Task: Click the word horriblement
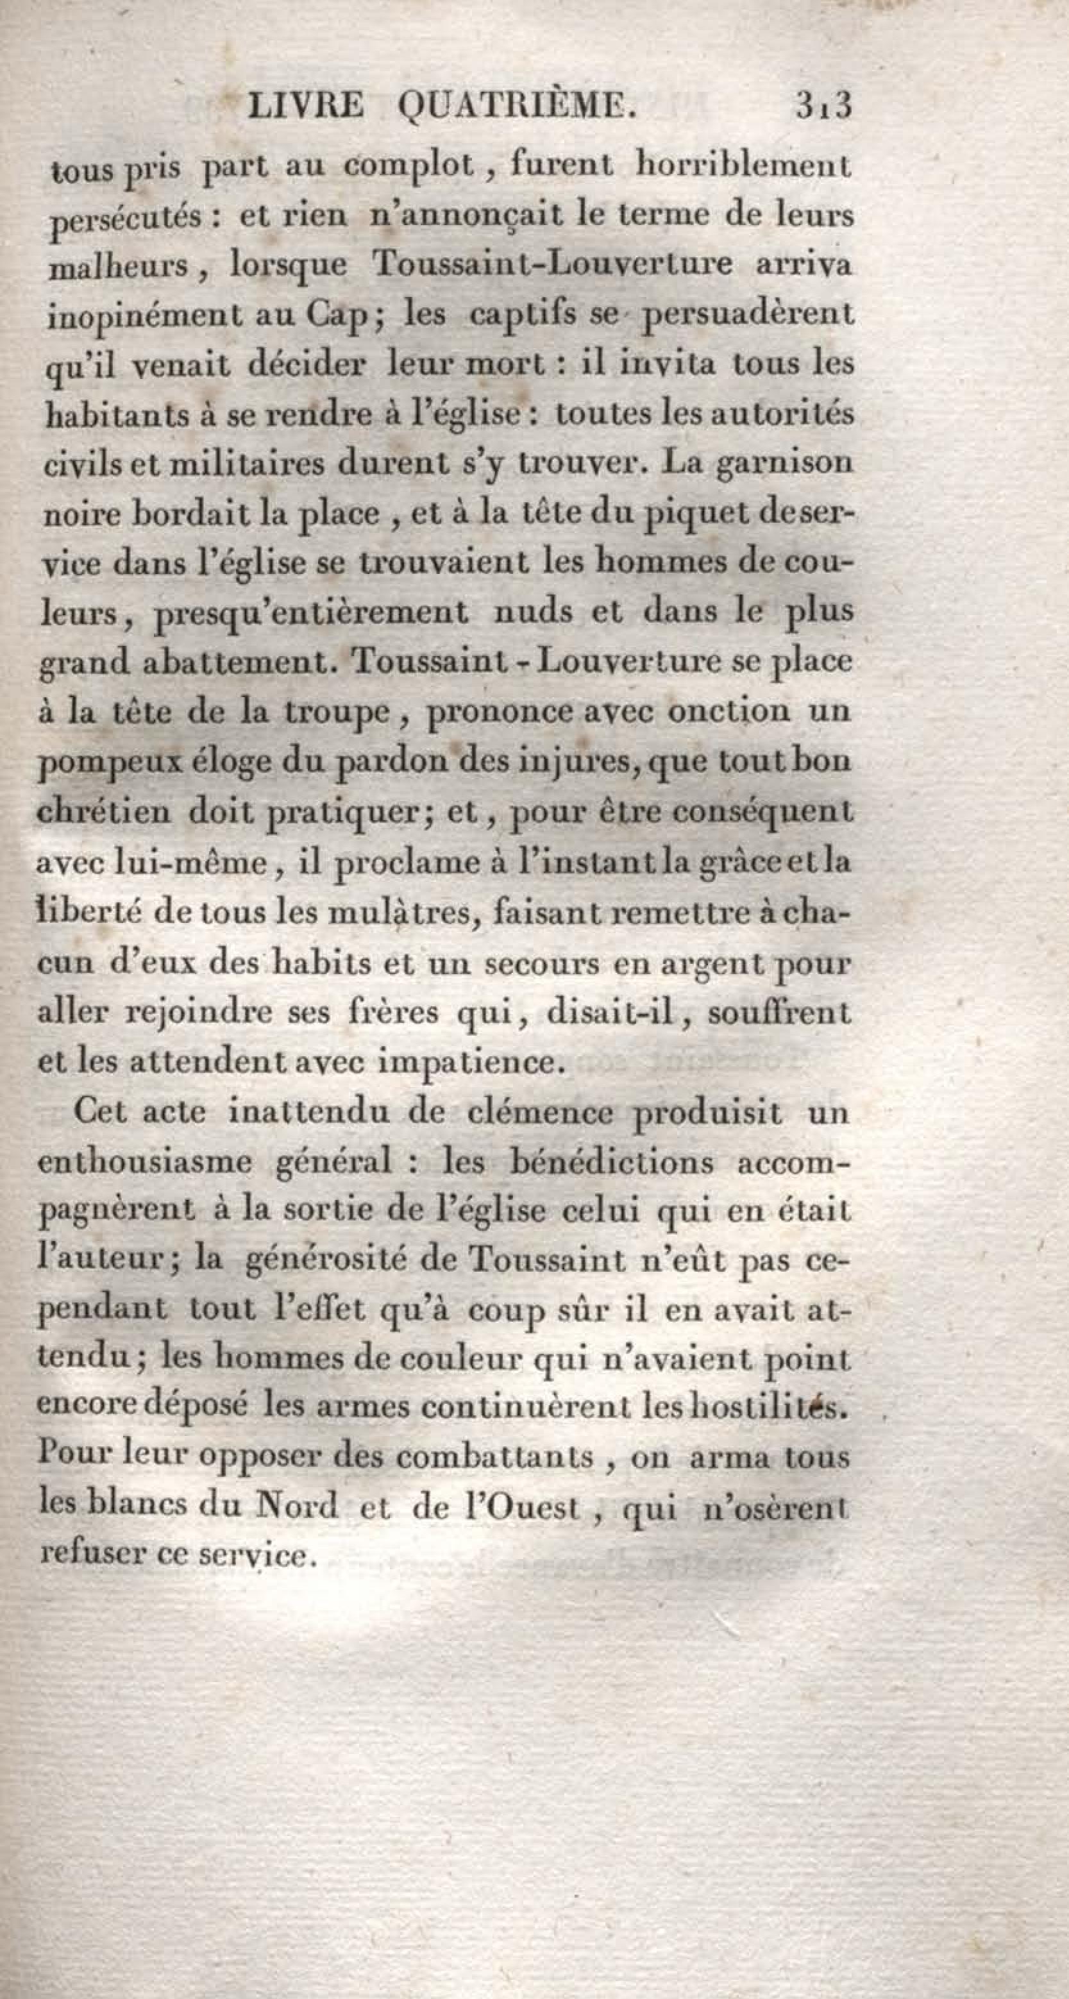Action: (x=743, y=165)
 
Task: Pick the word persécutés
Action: (x=126, y=219)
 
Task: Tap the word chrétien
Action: (x=104, y=812)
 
